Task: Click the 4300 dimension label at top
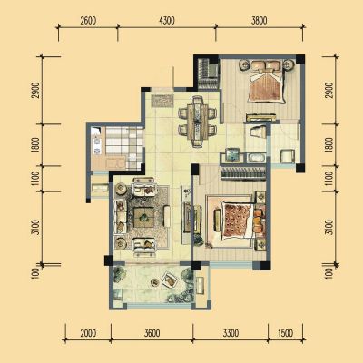coord(166,21)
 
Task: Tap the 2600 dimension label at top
coord(88,21)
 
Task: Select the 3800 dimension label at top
coord(259,21)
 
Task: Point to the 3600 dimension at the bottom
coord(152,333)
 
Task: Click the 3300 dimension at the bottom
coord(231,333)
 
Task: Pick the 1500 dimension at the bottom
coord(285,333)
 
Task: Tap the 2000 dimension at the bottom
coord(88,333)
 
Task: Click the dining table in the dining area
coord(198,122)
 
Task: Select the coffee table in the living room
coord(144,217)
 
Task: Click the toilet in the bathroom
coord(256,132)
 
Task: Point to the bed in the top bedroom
coord(267,83)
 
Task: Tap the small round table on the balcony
coord(155,282)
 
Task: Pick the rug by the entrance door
coord(162,101)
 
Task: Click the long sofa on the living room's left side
coord(120,216)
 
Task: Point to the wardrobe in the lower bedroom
coord(242,173)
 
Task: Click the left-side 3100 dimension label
coord(35,227)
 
